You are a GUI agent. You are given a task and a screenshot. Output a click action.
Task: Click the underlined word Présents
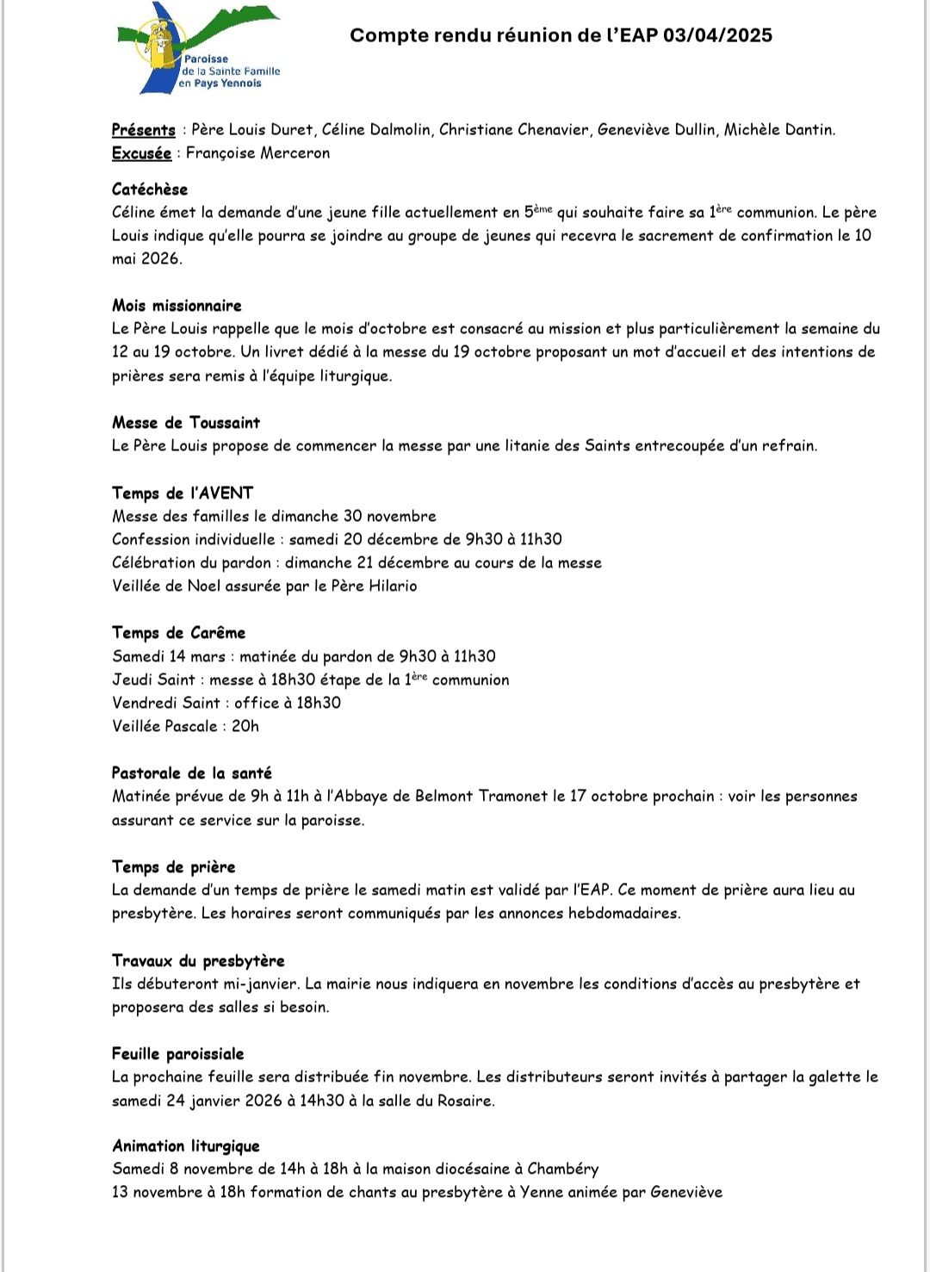pyautogui.click(x=144, y=130)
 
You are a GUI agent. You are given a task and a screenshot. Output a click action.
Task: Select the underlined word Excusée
pyautogui.click(x=141, y=153)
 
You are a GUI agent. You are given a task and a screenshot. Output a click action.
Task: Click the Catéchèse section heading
pyautogui.click(x=150, y=189)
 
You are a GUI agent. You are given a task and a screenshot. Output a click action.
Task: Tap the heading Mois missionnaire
pyautogui.click(x=177, y=306)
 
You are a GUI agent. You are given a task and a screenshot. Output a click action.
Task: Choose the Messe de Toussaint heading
pyautogui.click(x=186, y=423)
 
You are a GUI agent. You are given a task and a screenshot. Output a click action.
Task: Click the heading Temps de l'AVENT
pyautogui.click(x=183, y=493)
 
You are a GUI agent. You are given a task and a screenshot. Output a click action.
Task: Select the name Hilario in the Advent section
pyautogui.click(x=393, y=586)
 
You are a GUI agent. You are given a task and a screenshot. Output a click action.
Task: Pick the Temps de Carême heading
pyautogui.click(x=179, y=633)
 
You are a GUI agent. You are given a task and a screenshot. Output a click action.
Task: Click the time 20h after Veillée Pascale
pyautogui.click(x=245, y=727)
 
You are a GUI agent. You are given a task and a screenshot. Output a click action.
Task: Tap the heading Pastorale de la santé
pyautogui.click(x=192, y=773)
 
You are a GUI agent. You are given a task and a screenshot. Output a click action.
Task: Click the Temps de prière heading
pyautogui.click(x=174, y=867)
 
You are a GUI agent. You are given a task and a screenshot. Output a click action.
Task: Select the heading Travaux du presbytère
pyautogui.click(x=198, y=961)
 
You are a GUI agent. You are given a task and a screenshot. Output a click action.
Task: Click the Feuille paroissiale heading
pyautogui.click(x=178, y=1054)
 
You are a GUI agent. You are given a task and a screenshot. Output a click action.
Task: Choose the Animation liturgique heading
pyautogui.click(x=186, y=1146)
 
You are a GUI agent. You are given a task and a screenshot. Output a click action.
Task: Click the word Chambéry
pyautogui.click(x=563, y=1170)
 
